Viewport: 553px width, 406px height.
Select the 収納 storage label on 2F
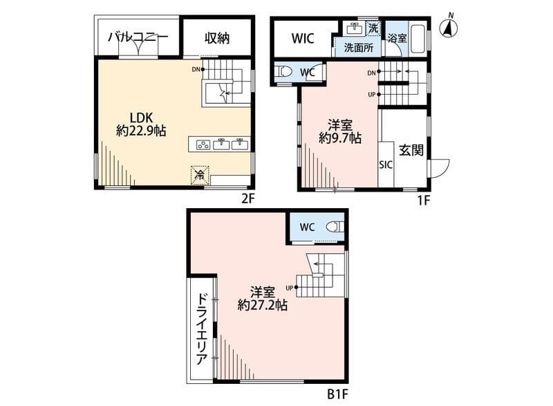pos(217,38)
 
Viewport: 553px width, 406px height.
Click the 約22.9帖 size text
pos(144,131)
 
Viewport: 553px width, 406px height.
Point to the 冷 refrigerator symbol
pos(199,175)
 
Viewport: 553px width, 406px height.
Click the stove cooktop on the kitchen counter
pos(204,144)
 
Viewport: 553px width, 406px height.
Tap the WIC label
pos(302,38)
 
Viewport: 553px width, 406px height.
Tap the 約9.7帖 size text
pos(339,138)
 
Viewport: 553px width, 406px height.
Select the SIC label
pos(386,165)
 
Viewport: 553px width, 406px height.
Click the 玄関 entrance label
pos(411,150)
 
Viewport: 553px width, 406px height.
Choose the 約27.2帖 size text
pos(263,304)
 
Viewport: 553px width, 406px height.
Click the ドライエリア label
pos(201,330)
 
